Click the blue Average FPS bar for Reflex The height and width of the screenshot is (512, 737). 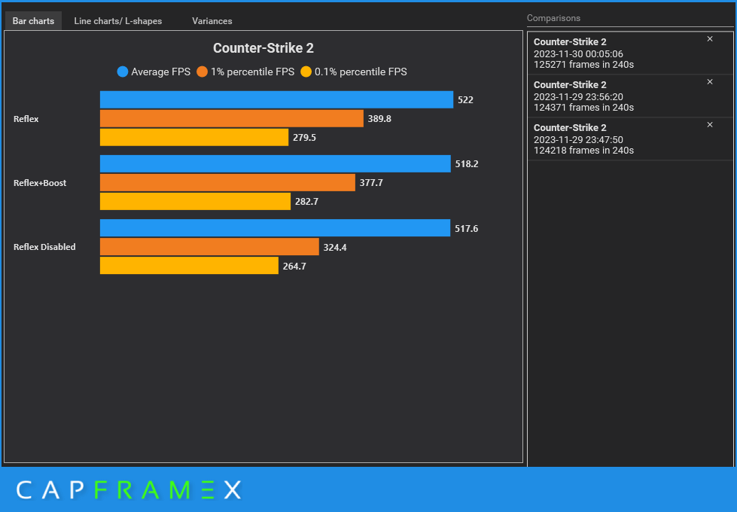point(276,99)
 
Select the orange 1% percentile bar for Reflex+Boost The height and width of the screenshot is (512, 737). point(227,183)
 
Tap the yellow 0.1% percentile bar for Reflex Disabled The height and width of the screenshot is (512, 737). point(189,266)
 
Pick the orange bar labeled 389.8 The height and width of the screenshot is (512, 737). point(231,119)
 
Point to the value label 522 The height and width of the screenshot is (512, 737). point(465,100)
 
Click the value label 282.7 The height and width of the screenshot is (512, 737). point(306,202)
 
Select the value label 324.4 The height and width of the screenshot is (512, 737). point(335,247)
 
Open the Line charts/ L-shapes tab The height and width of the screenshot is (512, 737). point(118,21)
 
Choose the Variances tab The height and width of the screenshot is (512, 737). point(212,21)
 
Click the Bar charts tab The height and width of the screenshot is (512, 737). point(33,21)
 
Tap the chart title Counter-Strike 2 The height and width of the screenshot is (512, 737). point(263,48)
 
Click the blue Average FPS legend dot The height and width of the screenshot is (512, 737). point(123,72)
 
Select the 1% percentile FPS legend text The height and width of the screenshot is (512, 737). point(252,72)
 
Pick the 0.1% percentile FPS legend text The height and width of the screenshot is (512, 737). point(360,72)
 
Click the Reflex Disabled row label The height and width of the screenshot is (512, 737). point(44,247)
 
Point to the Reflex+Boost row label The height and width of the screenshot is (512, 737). point(40,183)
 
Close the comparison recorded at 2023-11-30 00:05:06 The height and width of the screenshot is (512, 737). point(709,39)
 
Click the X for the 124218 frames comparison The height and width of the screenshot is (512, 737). point(709,125)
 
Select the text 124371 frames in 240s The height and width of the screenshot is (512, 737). point(583,108)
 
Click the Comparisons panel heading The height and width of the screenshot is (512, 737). point(553,18)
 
